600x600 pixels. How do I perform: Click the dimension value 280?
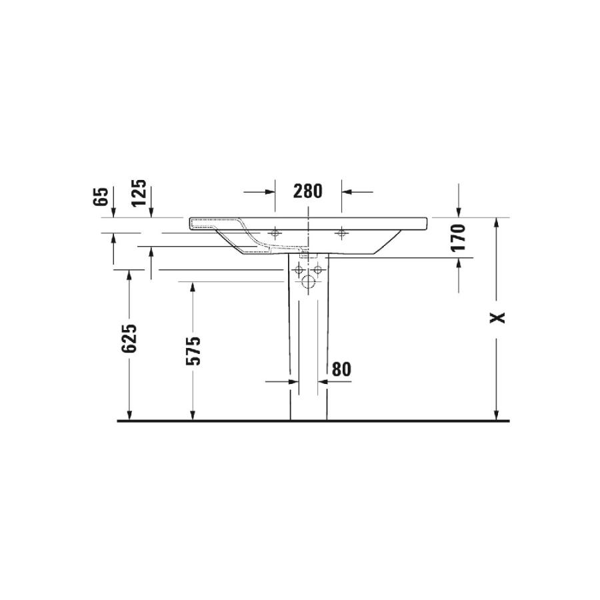[308, 191]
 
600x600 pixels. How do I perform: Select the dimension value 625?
[129, 338]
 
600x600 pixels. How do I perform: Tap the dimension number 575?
[193, 351]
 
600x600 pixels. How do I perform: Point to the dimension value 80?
[341, 369]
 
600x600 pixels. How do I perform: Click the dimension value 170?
[459, 237]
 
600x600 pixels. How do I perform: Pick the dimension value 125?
[139, 193]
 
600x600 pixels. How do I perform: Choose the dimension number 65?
[101, 197]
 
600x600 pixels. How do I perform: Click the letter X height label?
[497, 317]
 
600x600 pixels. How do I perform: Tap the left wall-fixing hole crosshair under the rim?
[275, 233]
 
